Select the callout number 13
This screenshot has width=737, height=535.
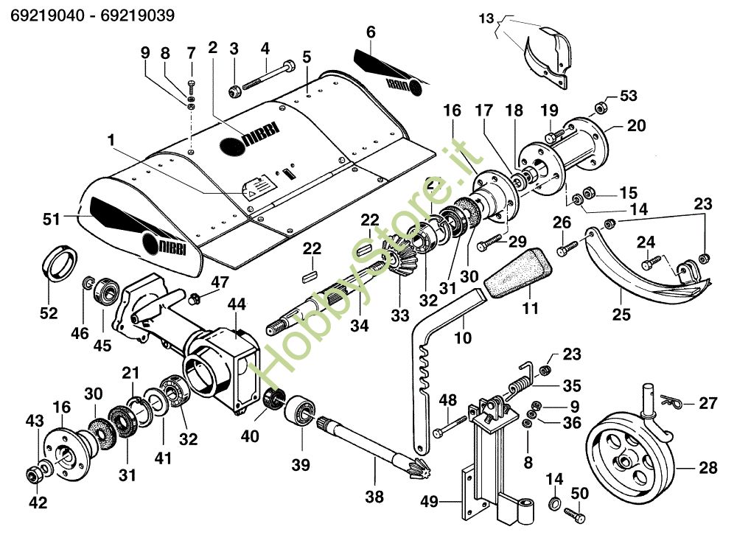(504, 17)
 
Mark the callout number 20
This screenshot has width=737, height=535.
(637, 126)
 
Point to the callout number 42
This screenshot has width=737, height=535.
(37, 503)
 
